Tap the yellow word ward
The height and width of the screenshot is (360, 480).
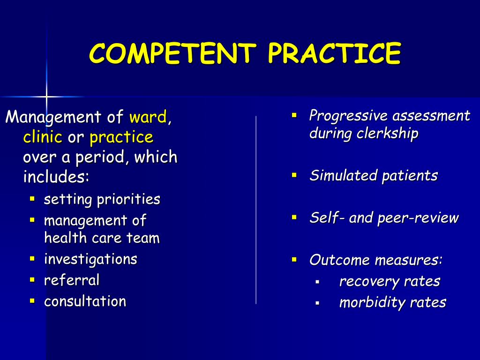(148, 117)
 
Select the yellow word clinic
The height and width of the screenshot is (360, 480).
(43, 137)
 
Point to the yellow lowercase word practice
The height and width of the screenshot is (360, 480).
(121, 137)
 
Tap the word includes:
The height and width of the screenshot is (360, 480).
(56, 177)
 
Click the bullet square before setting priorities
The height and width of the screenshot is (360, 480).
(32, 199)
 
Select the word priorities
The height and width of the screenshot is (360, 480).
(128, 200)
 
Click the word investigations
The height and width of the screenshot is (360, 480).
(90, 259)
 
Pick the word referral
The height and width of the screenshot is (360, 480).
(72, 280)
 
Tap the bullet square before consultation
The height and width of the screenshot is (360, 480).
(32, 300)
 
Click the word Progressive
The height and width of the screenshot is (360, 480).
(349, 116)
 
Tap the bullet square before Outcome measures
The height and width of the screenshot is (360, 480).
(294, 259)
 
